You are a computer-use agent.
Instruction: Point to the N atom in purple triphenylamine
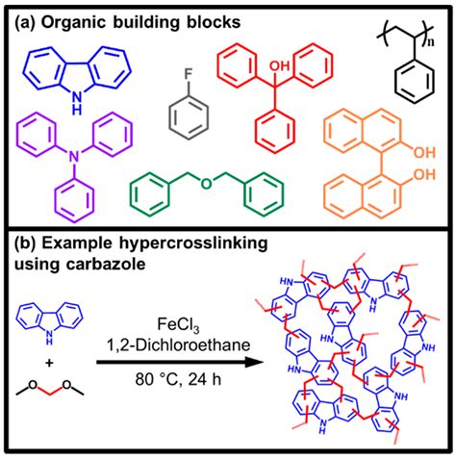[63, 165]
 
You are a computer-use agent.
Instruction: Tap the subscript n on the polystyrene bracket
[443, 42]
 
